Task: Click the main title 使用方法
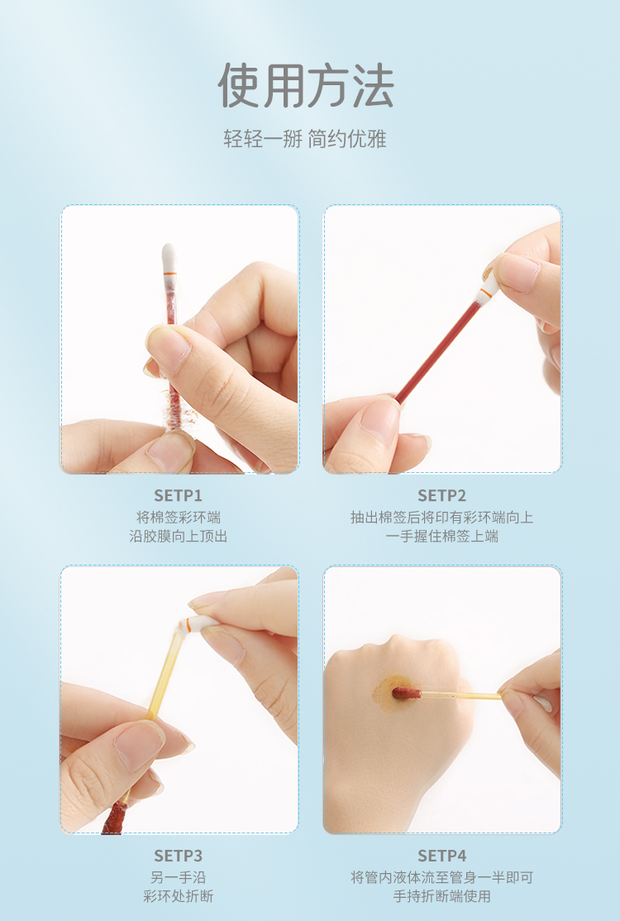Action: [x=305, y=86]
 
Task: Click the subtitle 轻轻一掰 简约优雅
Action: [x=305, y=139]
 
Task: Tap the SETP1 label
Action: [x=178, y=496]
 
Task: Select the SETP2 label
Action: [x=441, y=496]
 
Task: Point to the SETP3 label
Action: [x=178, y=856]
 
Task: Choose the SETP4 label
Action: [x=441, y=856]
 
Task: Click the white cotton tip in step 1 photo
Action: [x=169, y=259]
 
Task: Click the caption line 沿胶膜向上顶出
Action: [x=179, y=537]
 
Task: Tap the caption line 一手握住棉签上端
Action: [x=442, y=537]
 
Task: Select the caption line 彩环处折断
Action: [x=179, y=896]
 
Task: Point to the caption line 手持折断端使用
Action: [x=442, y=896]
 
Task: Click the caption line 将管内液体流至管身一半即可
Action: [x=442, y=877]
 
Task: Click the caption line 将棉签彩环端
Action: [x=179, y=518]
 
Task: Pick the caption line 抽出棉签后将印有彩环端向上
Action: [x=442, y=518]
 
